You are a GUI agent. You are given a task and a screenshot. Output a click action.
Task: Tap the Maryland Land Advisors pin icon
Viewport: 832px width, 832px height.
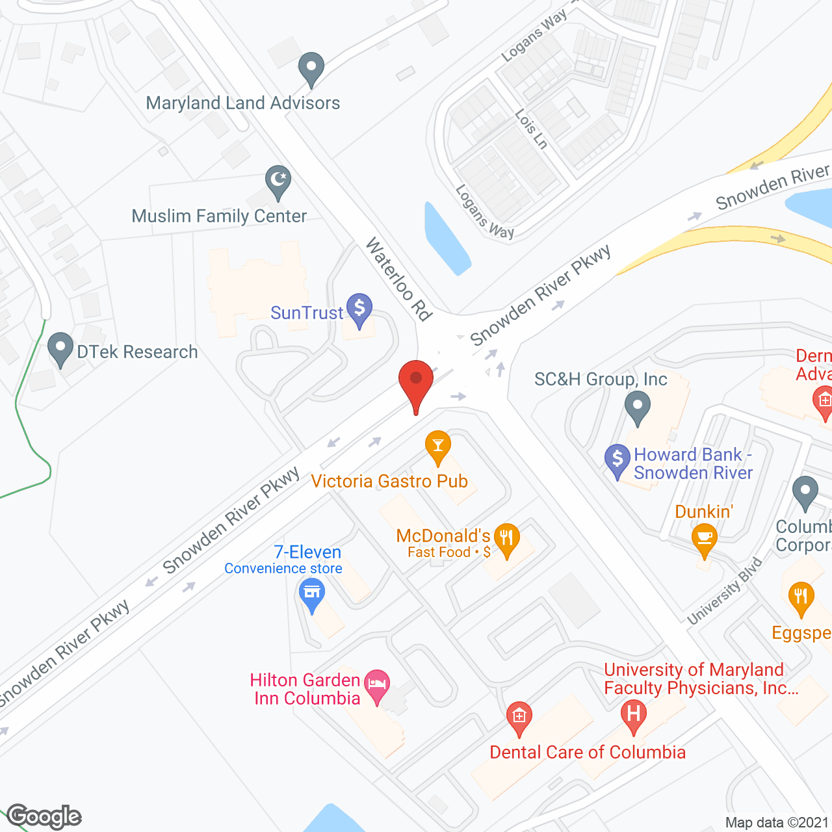[311, 67]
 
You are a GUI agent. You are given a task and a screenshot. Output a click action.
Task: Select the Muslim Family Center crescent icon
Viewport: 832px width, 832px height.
[278, 180]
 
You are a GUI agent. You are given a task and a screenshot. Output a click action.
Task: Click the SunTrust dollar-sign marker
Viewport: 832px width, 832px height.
[359, 308]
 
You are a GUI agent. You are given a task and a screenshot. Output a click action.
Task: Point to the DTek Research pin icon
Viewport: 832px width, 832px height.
[60, 348]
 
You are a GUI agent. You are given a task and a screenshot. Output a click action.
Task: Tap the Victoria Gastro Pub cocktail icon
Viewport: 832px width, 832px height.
[438, 446]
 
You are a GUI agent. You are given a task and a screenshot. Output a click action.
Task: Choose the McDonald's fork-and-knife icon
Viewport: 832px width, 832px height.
[506, 539]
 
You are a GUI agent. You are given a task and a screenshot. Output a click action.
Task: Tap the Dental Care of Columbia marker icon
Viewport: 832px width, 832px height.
[519, 717]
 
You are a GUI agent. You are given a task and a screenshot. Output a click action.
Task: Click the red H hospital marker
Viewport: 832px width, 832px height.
[633, 714]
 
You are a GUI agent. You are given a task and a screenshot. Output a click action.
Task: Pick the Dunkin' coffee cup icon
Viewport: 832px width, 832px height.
[704, 539]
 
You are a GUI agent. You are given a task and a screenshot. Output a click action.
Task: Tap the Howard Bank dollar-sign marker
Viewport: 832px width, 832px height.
[617, 459]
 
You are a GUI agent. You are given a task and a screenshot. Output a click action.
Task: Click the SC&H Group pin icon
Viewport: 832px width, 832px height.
[637, 408]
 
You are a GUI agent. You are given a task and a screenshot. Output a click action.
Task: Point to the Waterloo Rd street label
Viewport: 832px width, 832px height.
[398, 279]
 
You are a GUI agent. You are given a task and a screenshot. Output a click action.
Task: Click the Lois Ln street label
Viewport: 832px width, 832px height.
[531, 129]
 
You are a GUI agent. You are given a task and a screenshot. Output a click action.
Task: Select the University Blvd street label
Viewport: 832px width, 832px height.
[724, 591]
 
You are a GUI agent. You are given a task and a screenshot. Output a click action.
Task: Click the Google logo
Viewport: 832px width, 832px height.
[44, 816]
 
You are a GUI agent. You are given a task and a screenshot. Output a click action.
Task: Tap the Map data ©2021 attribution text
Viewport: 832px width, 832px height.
[777, 823]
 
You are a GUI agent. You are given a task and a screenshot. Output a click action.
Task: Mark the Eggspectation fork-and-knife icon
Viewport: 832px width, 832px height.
[801, 598]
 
